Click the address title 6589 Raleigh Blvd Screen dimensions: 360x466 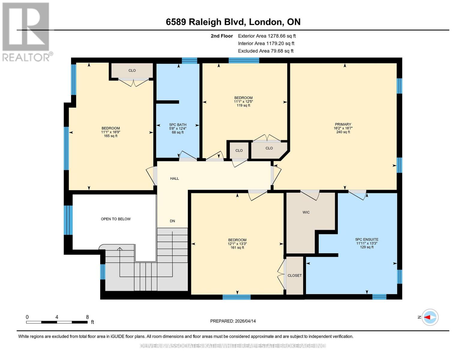pos(233,22)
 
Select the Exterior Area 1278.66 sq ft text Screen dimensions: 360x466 pos(267,36)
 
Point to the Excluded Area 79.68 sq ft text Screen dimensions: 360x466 pos(266,51)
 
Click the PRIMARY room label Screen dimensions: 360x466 pos(343,124)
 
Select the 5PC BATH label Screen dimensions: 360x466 pos(178,125)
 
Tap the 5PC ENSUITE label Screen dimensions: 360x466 pos(367,240)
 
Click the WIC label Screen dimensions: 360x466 pos(306,212)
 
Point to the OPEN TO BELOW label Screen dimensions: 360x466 pos(116,219)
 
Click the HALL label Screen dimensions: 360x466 pos(174,178)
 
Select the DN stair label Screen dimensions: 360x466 pos(172,221)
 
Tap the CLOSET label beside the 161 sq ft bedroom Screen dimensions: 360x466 pos(295,275)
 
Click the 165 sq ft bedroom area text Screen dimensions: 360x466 pos(110,136)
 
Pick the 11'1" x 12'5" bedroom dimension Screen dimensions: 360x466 pos(243,102)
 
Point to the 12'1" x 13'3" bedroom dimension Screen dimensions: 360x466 pos(237,244)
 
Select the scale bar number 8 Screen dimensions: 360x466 pos(87,317)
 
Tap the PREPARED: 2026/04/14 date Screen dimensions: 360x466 pos(233,321)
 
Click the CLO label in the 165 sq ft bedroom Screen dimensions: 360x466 pos(132,70)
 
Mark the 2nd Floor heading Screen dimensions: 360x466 pos(222,36)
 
